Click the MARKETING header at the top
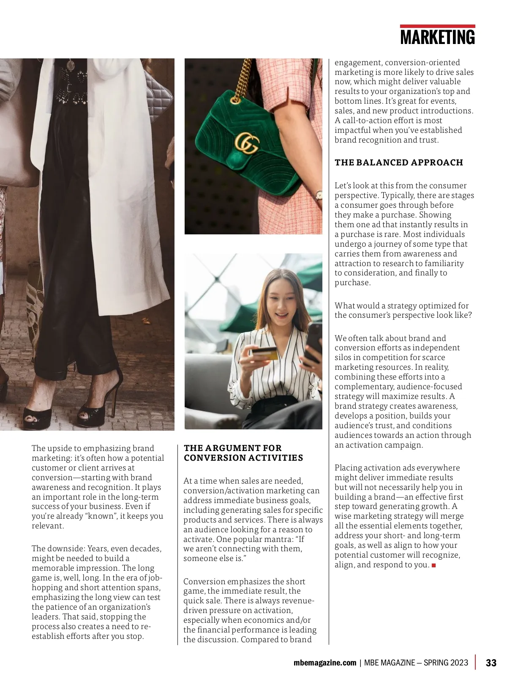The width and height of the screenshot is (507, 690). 437,37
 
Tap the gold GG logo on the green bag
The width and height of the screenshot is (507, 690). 246,143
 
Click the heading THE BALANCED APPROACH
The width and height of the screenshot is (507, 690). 399,162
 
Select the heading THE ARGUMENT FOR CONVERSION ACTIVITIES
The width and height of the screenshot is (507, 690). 243,453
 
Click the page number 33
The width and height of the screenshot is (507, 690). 491,663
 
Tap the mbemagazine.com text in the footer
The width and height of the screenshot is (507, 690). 324,663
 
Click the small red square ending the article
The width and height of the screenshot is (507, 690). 433,565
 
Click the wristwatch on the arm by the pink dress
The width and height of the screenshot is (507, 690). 318,195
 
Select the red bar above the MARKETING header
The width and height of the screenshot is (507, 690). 437,26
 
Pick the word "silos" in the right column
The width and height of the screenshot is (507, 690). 343,357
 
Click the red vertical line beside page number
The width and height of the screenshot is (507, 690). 476,662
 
